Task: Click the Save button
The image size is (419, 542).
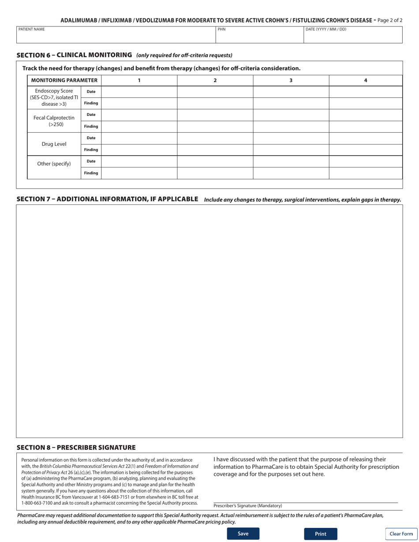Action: [243, 534]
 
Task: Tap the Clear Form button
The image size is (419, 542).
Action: [401, 534]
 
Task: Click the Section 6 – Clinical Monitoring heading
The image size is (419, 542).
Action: [74, 55]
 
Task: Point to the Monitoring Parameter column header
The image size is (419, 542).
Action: [64, 80]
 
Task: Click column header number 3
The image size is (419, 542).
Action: [291, 80]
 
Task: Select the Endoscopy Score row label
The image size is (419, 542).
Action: [54, 97]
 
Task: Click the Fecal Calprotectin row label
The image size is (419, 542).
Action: [54, 121]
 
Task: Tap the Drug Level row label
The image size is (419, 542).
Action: [54, 144]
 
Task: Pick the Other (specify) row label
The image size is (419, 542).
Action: [54, 164]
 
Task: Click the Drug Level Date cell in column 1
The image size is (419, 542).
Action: [139, 138]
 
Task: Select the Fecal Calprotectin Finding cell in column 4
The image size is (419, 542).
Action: [366, 126]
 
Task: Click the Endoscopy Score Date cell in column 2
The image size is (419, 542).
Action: [215, 92]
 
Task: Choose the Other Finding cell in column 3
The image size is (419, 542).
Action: [291, 173]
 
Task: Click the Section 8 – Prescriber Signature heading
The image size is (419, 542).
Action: [76, 447]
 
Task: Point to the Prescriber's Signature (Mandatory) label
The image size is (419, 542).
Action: [247, 506]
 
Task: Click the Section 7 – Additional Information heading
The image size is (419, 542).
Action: [107, 199]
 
